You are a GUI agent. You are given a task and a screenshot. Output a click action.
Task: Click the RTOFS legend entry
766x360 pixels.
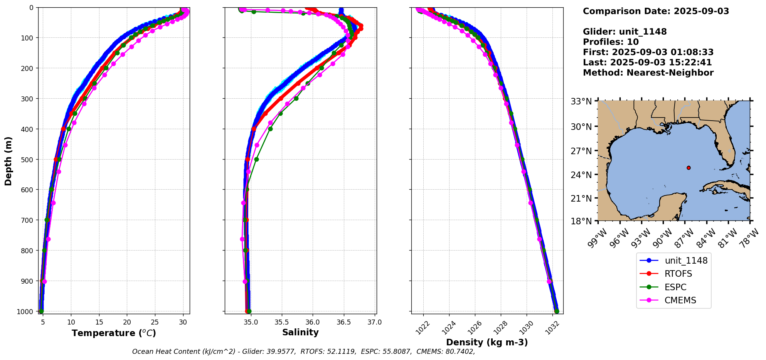coord(678,274)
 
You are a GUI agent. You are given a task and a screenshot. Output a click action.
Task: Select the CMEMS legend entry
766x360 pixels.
coord(680,301)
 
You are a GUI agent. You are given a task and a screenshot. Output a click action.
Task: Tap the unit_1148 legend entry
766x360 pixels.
coord(686,261)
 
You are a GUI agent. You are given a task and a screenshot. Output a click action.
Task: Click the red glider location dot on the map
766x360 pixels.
coord(689,168)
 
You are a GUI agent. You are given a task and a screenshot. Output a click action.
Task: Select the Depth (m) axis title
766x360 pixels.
coord(8,161)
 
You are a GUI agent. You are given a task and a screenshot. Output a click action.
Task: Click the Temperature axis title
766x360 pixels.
coord(114,333)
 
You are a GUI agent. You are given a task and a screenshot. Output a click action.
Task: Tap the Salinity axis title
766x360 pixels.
coord(300,333)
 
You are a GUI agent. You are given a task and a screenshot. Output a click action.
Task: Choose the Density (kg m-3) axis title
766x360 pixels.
coord(487,342)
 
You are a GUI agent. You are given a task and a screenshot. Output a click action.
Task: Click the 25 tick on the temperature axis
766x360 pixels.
coord(155,322)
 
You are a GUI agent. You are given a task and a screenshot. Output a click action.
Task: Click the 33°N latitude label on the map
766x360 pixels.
coord(581,101)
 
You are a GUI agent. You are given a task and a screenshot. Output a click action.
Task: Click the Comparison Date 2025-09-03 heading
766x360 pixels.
coord(656,11)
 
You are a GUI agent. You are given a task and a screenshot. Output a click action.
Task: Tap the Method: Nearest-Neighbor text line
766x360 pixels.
coord(648,73)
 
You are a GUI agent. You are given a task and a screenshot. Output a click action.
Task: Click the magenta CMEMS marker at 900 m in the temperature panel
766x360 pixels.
coord(44,281)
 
